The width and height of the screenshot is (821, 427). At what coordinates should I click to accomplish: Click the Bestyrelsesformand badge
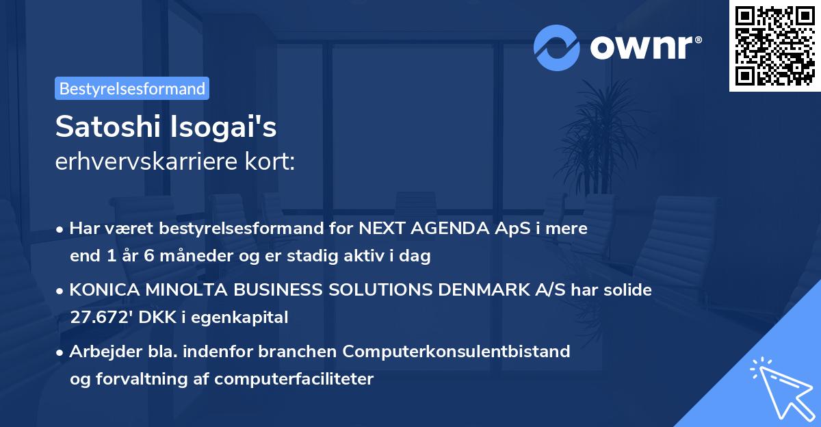(x=132, y=88)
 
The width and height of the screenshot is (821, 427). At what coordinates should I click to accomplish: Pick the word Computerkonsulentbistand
(x=457, y=352)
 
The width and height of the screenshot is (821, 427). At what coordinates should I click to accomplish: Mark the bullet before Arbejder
(x=61, y=352)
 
